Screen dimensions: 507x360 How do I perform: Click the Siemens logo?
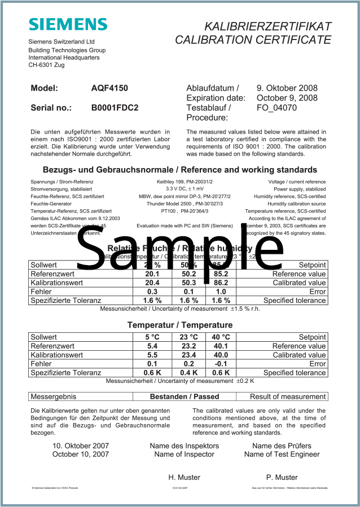[68, 24]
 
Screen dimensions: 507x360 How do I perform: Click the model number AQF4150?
[109, 88]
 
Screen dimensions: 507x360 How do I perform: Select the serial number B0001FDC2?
[115, 107]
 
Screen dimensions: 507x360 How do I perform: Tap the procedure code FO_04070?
[276, 107]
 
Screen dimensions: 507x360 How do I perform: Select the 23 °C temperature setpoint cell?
[188, 337]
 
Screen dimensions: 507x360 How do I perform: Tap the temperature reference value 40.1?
[220, 346]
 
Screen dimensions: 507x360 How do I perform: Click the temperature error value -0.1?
[220, 364]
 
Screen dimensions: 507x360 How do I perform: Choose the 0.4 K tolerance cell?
[188, 373]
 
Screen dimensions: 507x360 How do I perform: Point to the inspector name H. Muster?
[184, 477]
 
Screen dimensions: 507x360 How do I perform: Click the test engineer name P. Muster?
[282, 477]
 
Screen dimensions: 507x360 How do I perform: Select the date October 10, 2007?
[80, 454]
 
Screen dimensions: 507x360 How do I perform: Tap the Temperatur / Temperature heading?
[179, 325]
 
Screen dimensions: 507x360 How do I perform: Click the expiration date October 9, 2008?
[287, 98]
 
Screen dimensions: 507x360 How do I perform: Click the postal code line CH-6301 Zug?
[46, 65]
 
